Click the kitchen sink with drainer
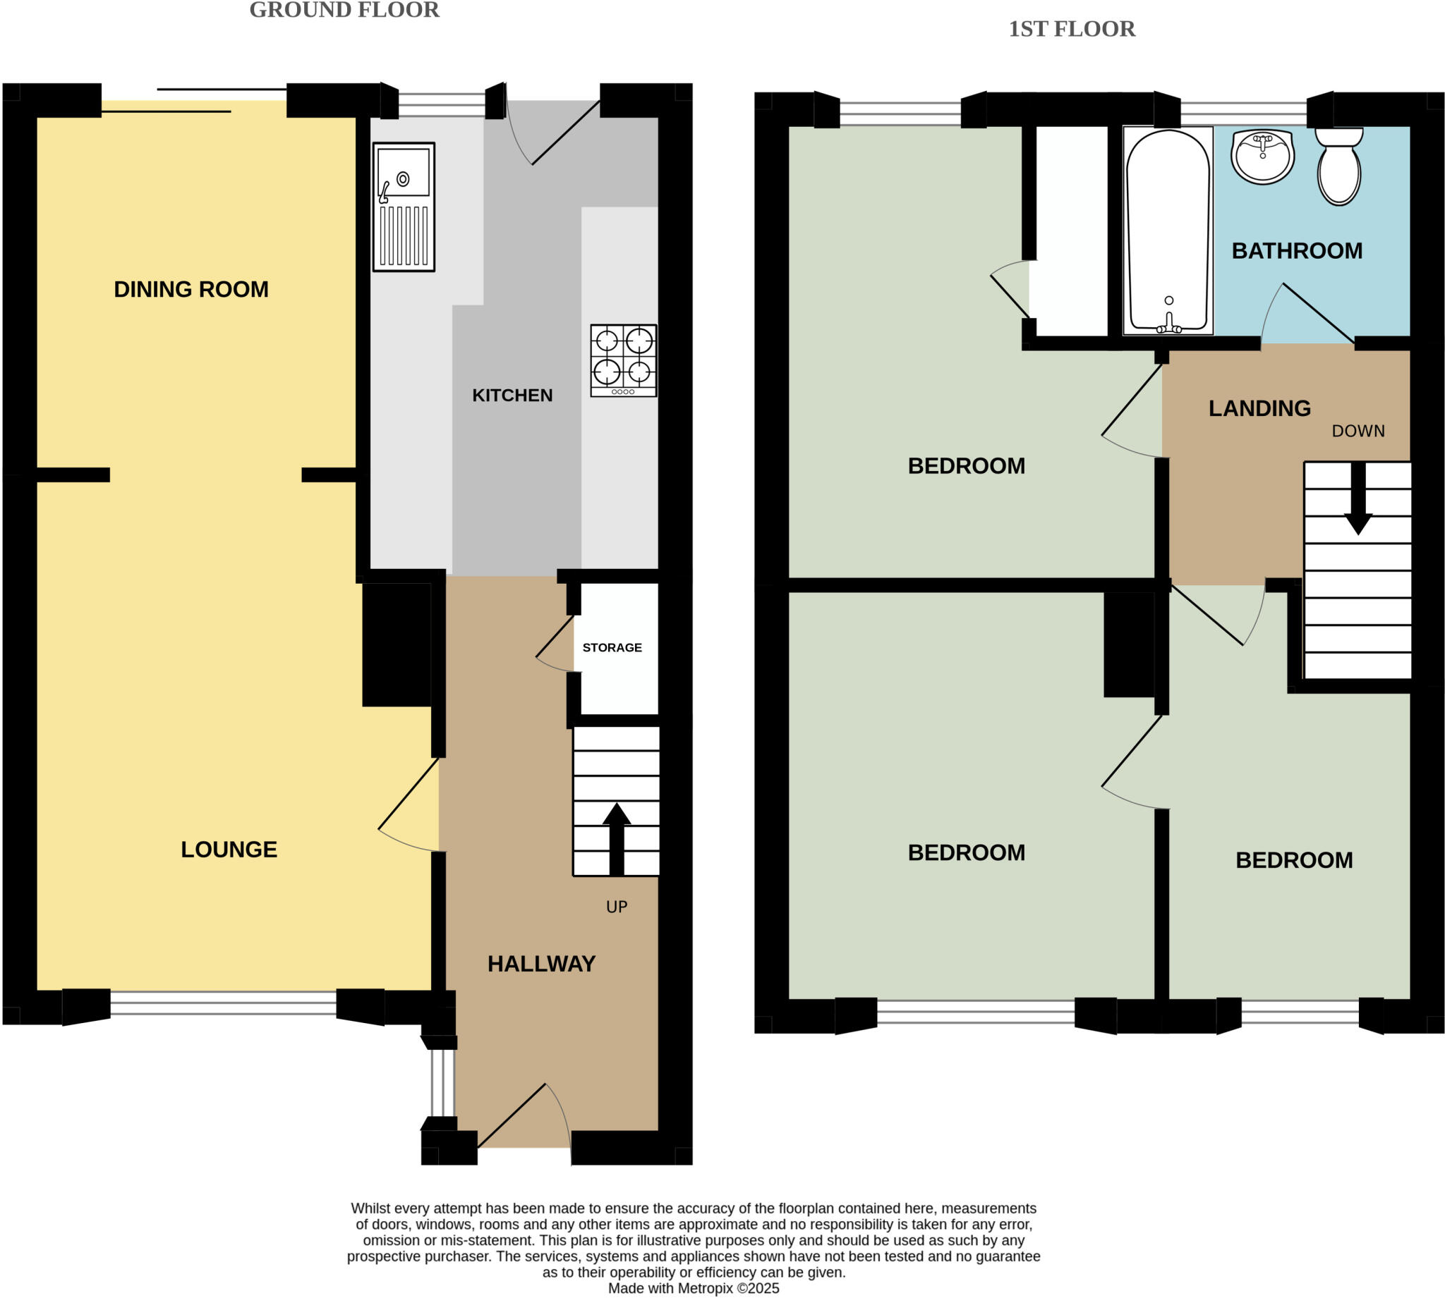point(403,207)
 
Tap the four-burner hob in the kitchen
point(623,360)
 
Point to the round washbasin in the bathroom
point(1262,157)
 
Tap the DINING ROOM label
point(191,290)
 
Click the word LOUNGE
point(229,850)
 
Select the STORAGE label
point(612,647)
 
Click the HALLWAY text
point(541,964)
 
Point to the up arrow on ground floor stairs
point(617,839)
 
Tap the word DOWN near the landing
point(1358,431)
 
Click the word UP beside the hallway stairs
point(617,907)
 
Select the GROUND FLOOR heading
point(344,10)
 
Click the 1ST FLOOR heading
point(1071,28)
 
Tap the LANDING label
point(1259,408)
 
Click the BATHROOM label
point(1297,251)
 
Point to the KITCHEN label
point(512,395)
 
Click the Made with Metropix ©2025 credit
point(693,1288)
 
